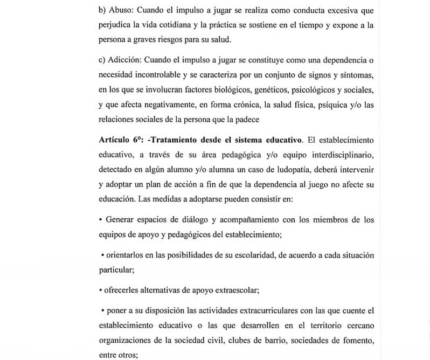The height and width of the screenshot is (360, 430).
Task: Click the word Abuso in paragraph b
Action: pos(121,10)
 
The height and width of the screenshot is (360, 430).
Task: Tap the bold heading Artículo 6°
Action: pos(121,140)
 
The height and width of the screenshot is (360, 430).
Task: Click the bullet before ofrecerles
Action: pos(101,290)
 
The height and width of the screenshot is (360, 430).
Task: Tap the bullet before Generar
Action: pos(101,220)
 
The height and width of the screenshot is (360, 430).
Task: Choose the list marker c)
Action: pos(102,59)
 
